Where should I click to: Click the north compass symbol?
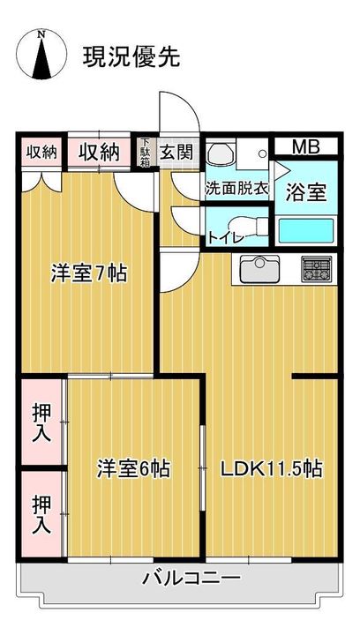(x=41, y=55)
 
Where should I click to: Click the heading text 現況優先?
(x=131, y=56)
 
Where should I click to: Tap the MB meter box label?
(x=306, y=147)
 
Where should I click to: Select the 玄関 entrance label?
(x=176, y=153)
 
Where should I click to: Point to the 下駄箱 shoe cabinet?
(x=145, y=153)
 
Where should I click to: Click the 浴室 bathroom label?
(x=306, y=192)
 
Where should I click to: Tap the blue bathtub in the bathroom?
(x=306, y=231)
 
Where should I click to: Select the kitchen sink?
(x=260, y=269)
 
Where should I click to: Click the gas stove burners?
(x=317, y=269)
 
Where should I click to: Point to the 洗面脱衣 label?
(x=236, y=189)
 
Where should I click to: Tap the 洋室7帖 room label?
(x=89, y=273)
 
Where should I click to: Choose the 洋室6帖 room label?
(x=133, y=469)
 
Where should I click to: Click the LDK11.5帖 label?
(x=271, y=469)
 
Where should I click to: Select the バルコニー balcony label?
(x=191, y=578)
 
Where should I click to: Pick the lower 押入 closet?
(x=41, y=514)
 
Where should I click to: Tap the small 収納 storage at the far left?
(x=41, y=153)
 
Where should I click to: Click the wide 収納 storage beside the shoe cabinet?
(x=100, y=153)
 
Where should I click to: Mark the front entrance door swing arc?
(x=191, y=105)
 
